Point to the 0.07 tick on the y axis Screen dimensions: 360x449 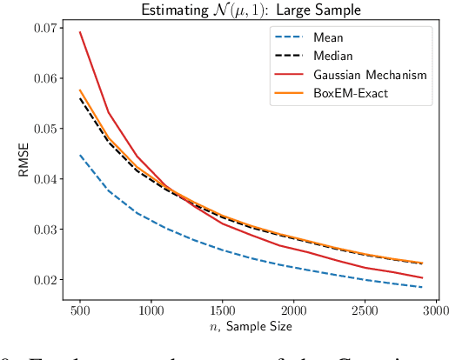(x=44, y=28)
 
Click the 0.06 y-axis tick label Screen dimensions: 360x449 (x=44, y=78)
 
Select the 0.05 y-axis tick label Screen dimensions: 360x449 (x=44, y=129)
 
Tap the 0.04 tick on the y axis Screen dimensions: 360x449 (x=44, y=179)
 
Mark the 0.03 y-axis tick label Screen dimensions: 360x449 (x=44, y=230)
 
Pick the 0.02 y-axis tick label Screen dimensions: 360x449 (x=44, y=280)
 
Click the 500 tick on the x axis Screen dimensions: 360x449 (x=80, y=310)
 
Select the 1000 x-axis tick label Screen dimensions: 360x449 (x=151, y=310)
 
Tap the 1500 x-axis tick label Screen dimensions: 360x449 (x=223, y=310)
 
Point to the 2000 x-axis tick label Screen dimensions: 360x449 (x=294, y=310)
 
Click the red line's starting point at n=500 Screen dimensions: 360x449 (x=80, y=32)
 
